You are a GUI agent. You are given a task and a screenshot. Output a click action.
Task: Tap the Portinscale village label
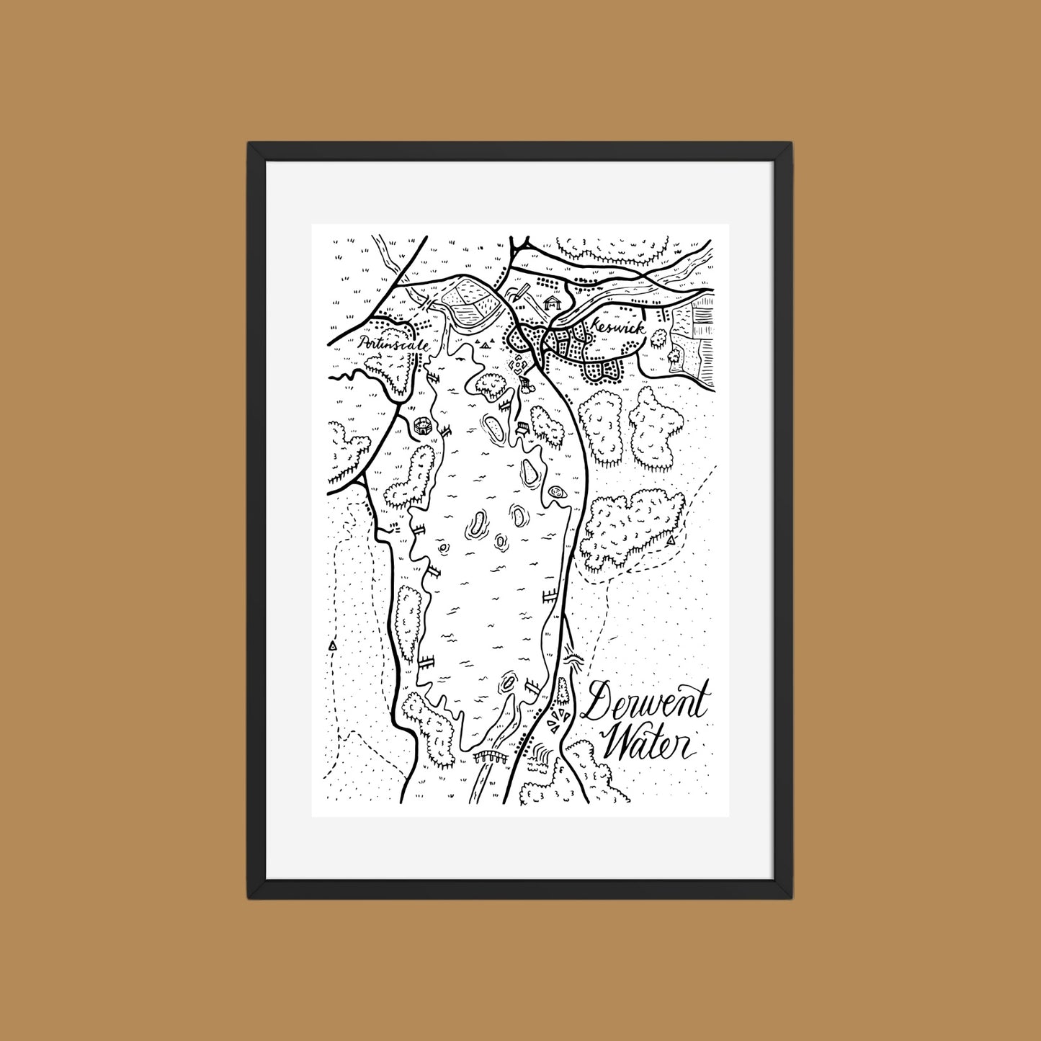tap(393, 344)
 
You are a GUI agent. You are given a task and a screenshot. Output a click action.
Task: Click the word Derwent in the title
tap(645, 703)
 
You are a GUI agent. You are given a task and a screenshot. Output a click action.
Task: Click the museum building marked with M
tap(553, 303)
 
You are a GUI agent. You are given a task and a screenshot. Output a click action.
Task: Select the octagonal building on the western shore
tap(424, 424)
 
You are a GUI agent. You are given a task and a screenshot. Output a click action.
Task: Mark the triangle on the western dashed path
tap(332, 647)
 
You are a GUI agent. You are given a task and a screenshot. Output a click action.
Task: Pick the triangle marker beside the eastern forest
tap(671, 540)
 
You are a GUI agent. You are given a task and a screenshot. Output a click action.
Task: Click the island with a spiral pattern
tap(557, 493)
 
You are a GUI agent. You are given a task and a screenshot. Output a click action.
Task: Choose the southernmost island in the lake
tap(509, 681)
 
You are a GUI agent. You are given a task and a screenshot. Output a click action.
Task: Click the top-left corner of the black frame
tap(249, 144)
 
